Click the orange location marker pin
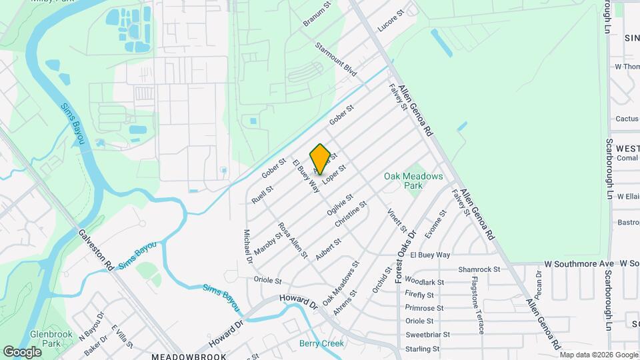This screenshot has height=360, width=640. [x=320, y=159]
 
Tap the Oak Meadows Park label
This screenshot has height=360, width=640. [x=413, y=181]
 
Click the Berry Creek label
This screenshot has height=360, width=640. [x=321, y=343]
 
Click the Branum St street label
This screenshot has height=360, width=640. [x=317, y=13]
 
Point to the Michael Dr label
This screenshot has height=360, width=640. [x=247, y=245]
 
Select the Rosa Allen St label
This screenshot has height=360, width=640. [x=293, y=240]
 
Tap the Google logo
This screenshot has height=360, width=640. [x=22, y=351]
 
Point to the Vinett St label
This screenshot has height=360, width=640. [x=397, y=221]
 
